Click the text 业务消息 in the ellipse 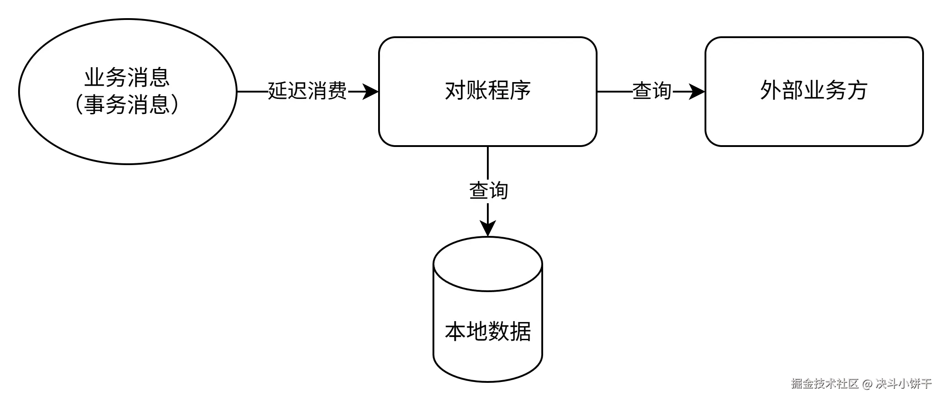click(127, 77)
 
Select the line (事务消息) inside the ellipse click(127, 104)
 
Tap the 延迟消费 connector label click(308, 91)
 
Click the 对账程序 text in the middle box click(488, 91)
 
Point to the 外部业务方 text click(814, 91)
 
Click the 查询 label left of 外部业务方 click(652, 91)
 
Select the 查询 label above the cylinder click(489, 190)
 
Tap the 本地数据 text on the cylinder click(488, 331)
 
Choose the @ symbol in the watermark click(866, 383)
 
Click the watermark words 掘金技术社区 click(825, 383)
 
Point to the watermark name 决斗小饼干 click(903, 383)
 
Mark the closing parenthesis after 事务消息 click(175, 104)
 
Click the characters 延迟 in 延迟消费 click(288, 91)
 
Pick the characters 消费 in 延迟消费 click(328, 91)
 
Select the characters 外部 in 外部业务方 click(781, 91)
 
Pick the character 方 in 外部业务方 click(857, 91)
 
